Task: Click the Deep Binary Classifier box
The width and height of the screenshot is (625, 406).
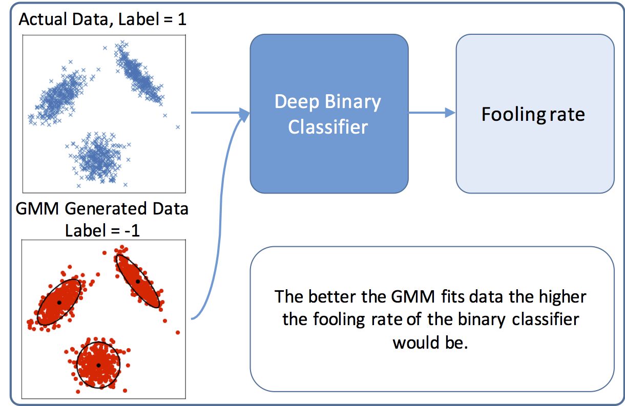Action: point(329,114)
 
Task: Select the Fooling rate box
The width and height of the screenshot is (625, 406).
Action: point(535,114)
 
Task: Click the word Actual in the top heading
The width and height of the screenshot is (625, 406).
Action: point(43,19)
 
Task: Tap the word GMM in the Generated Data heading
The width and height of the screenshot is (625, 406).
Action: point(37,208)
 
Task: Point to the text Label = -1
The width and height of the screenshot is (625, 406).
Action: point(102,230)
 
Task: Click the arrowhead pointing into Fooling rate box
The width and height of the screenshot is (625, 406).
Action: point(450,113)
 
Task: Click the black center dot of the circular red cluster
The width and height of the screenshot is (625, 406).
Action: point(98,365)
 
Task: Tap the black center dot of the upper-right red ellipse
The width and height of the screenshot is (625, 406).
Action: point(138,282)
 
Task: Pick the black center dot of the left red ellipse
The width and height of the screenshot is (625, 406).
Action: point(59,303)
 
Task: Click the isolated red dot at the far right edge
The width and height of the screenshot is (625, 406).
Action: point(178,332)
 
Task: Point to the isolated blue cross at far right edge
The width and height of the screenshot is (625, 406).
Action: point(178,127)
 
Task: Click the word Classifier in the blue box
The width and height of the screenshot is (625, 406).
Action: point(328,127)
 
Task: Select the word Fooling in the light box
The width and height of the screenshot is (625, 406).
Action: point(513,115)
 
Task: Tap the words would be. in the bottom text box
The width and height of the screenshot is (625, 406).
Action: point(430,343)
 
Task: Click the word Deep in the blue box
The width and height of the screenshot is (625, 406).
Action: point(297,102)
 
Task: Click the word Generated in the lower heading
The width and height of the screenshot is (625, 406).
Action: point(106,208)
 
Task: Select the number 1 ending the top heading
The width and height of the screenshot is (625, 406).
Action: point(182,19)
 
